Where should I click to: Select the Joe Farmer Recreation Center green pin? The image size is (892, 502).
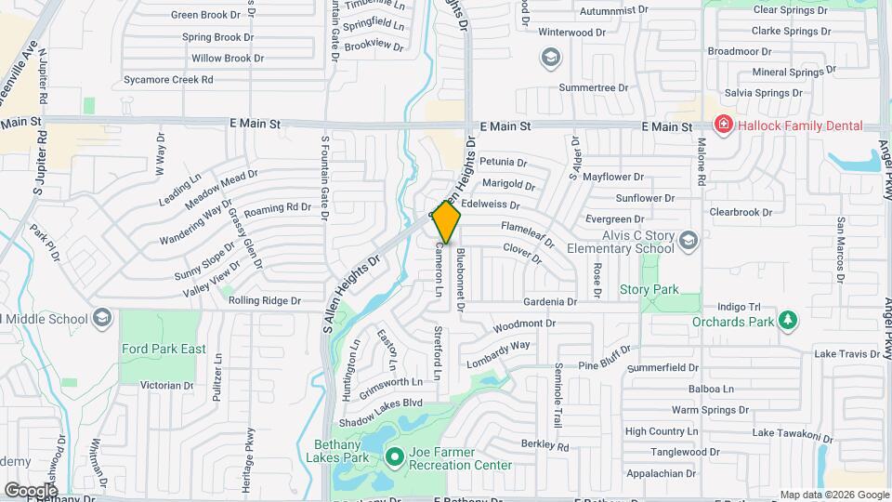394,456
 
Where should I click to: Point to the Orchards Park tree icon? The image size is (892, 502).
788,321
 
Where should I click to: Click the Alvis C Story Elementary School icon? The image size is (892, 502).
688,242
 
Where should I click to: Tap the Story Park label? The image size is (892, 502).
649,290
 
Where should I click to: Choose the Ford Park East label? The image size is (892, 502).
164,350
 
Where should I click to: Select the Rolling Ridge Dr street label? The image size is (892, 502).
265,300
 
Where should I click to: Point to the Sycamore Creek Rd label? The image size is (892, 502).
168,80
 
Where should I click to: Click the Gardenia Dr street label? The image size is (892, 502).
550,301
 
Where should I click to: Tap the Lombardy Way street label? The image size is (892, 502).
498,352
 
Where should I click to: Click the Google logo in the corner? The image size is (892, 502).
31,489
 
